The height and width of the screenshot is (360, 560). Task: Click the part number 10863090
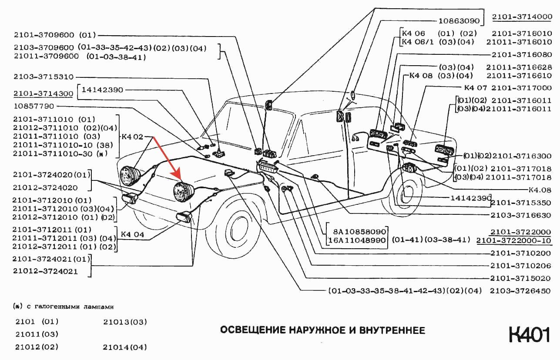pos(459,20)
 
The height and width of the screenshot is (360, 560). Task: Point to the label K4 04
pos(132,234)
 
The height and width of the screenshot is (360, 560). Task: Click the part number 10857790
pos(34,106)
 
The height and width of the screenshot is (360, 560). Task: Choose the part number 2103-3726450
pos(520,290)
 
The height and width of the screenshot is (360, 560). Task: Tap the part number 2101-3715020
pos(520,278)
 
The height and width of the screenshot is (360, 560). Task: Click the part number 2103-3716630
pos(521,215)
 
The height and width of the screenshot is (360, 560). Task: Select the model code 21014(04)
pos(125,347)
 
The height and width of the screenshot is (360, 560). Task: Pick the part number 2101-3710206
pos(520,266)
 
